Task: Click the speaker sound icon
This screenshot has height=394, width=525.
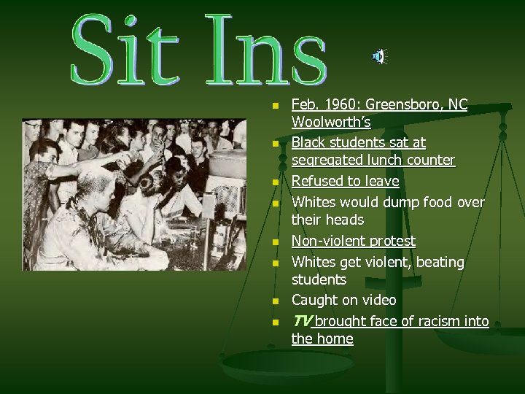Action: click(379, 55)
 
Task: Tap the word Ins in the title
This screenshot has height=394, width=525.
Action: click(266, 50)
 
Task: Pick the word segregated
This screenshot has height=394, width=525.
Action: click(327, 160)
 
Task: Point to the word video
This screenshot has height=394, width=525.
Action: click(379, 300)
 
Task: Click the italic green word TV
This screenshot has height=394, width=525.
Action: click(301, 321)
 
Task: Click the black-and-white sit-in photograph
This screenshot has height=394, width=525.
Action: click(134, 194)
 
